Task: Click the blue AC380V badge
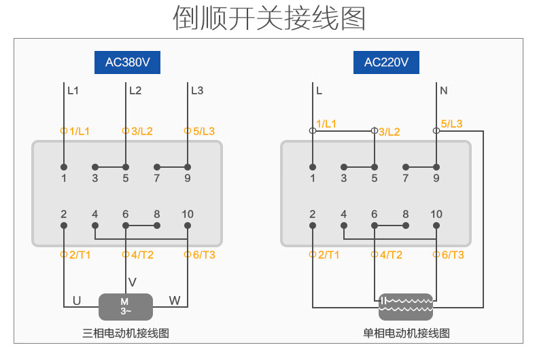(127, 62)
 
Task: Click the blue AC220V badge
(386, 62)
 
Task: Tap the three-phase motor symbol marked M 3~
(125, 306)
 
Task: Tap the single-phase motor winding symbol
(406, 306)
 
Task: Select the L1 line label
(73, 90)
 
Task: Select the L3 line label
(197, 90)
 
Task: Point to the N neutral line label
(444, 90)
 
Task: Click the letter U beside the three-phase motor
(77, 300)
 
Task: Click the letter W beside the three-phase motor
(175, 300)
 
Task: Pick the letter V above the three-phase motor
(133, 282)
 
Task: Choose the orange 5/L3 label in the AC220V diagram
(451, 124)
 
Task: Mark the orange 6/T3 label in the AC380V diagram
(203, 255)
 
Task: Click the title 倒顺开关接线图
(268, 18)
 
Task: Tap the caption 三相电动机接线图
(125, 334)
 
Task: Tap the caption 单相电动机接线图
(406, 334)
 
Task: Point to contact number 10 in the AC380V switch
(188, 214)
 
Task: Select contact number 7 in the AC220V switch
(406, 179)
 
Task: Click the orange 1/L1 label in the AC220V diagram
(326, 124)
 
